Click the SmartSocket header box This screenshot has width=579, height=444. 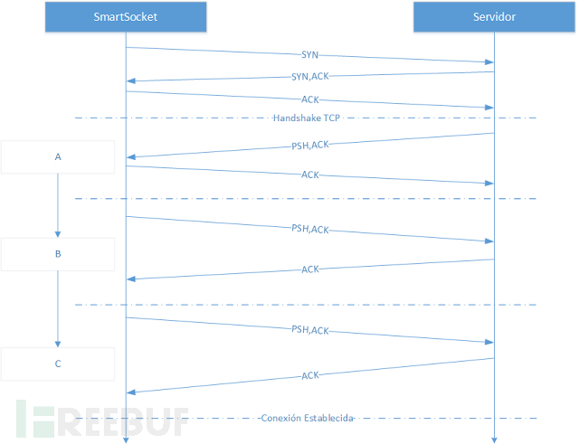tap(126, 16)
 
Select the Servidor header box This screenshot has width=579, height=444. tap(494, 16)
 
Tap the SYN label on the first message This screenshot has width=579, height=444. tap(309, 55)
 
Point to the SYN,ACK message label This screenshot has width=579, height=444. tap(309, 76)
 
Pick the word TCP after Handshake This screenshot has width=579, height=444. tap(332, 118)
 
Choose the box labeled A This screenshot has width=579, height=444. tap(58, 156)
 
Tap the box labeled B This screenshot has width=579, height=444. tap(58, 254)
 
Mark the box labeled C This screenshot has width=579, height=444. tap(58, 364)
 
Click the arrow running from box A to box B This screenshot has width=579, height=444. tap(58, 205)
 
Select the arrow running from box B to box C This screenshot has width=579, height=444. tap(58, 309)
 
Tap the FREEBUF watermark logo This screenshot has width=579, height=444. tap(102, 419)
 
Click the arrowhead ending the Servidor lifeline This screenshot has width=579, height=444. tap(494, 440)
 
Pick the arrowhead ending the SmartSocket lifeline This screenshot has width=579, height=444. tap(126, 440)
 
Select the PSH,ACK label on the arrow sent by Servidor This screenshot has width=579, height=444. tap(309, 145)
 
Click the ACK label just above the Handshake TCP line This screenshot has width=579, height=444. tap(309, 99)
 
